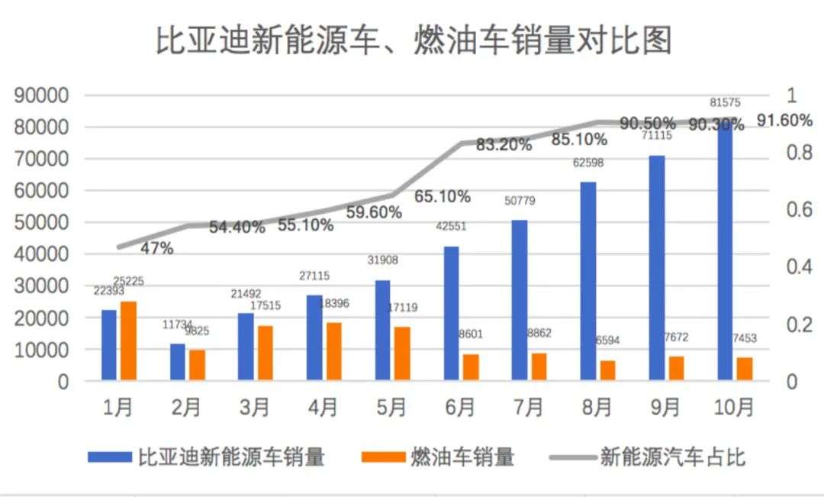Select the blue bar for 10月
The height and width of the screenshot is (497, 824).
click(725, 252)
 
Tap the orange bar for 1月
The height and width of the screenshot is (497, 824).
click(128, 340)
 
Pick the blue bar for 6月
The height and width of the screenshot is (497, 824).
click(451, 313)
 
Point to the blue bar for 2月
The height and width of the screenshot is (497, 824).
click(178, 362)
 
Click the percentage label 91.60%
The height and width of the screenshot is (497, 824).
click(785, 121)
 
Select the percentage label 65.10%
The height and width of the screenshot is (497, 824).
click(443, 196)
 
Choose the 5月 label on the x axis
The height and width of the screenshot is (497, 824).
click(391, 408)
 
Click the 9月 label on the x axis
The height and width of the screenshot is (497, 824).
click(665, 408)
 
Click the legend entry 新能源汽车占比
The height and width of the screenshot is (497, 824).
click(672, 457)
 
